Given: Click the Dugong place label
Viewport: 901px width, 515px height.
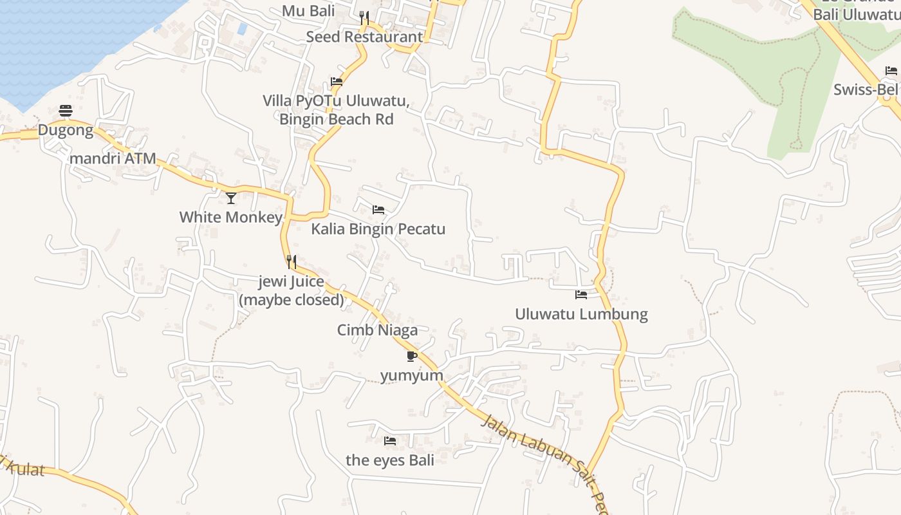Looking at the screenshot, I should pos(66,130).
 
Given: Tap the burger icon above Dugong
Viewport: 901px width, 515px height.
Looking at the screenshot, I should pos(66,111).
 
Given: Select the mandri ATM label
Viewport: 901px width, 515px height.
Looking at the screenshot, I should pos(113,158).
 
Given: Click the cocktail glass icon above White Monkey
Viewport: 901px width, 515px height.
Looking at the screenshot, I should pos(231,198).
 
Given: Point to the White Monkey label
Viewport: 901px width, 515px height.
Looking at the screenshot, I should pos(230,217).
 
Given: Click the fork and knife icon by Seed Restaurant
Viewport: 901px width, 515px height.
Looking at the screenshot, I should pos(364,17).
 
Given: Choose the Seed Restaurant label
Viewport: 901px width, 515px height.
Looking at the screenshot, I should pos(364,37).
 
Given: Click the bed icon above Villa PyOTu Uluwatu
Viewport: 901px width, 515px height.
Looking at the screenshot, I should pos(336,82).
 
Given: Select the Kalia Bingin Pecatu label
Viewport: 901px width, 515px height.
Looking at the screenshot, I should pos(378,229).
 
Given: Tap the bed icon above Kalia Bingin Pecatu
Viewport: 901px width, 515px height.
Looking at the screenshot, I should pos(378,210).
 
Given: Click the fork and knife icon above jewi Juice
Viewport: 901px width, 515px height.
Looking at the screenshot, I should pos(292,262).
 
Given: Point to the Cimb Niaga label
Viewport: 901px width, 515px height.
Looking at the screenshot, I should pos(377,330).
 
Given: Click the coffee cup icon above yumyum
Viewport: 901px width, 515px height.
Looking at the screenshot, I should pos(412,356).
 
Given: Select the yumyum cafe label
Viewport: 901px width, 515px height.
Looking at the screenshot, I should pos(412,375).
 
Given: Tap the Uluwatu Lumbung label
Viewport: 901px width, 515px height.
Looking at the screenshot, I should pos(581,314).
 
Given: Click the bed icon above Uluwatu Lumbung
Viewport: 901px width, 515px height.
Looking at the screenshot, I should pos(581,295).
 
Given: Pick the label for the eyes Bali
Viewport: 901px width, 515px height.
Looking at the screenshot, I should pos(390,460).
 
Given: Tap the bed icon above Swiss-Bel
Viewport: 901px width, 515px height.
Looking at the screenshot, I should pos(891,71).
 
